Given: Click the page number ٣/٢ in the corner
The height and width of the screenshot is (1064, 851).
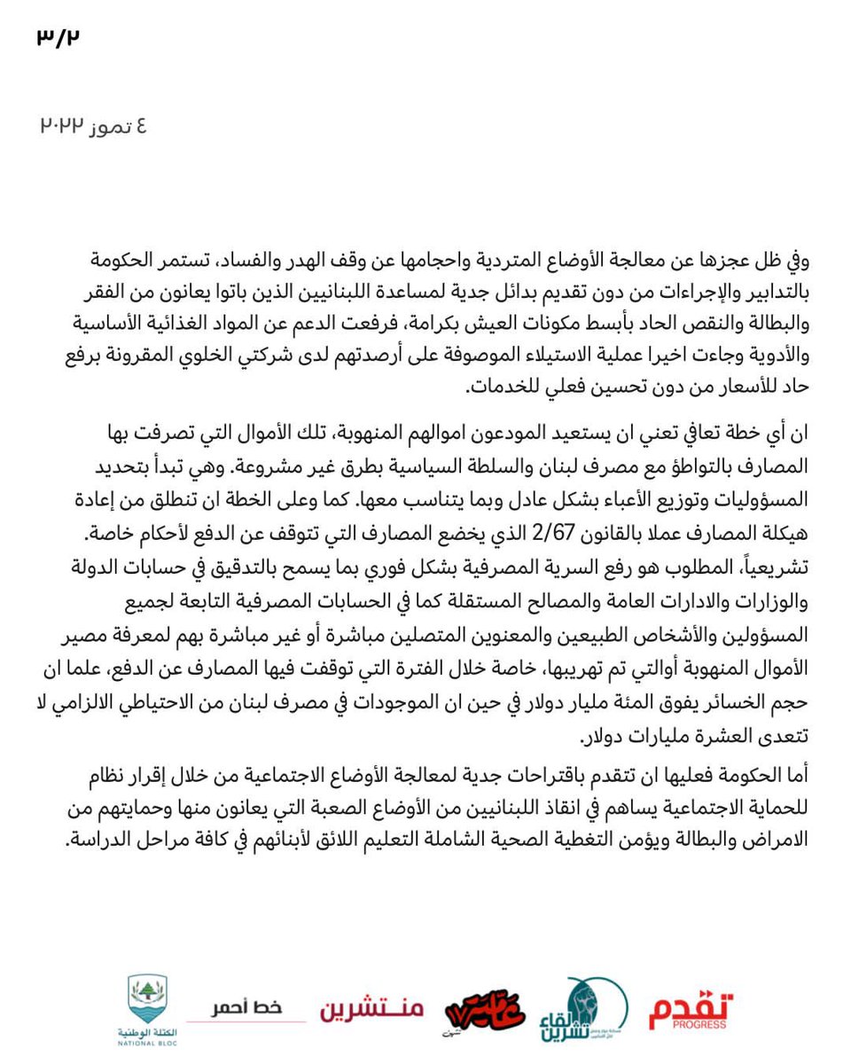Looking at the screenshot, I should point(58,38).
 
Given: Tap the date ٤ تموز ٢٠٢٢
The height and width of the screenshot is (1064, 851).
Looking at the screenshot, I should point(92,126).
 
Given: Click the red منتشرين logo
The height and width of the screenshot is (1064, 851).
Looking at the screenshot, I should point(371,1009).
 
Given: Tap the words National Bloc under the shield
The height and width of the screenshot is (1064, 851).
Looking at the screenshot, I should point(146,1043).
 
